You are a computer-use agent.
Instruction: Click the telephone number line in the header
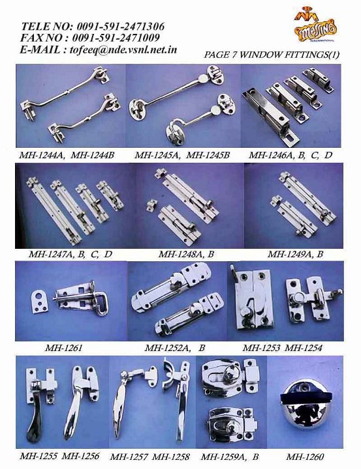92,26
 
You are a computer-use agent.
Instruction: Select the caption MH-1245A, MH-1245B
181,155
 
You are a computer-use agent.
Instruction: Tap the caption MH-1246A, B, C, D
290,155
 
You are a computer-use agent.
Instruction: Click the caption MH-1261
62,347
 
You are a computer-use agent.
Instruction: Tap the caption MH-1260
304,457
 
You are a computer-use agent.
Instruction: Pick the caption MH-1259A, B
230,457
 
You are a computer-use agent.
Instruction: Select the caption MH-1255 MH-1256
59,456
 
